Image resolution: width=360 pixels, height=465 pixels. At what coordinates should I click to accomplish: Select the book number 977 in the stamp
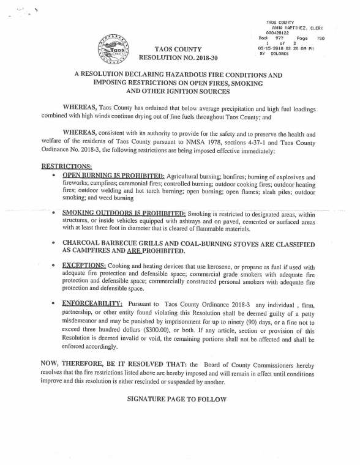pos(280,38)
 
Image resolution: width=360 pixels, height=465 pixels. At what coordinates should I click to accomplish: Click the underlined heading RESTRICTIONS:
pos(67,166)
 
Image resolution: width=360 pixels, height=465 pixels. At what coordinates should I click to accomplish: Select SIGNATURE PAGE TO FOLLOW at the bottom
pos(177,399)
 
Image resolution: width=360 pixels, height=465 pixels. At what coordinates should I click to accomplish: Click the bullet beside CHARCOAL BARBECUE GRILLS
pos(56,243)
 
